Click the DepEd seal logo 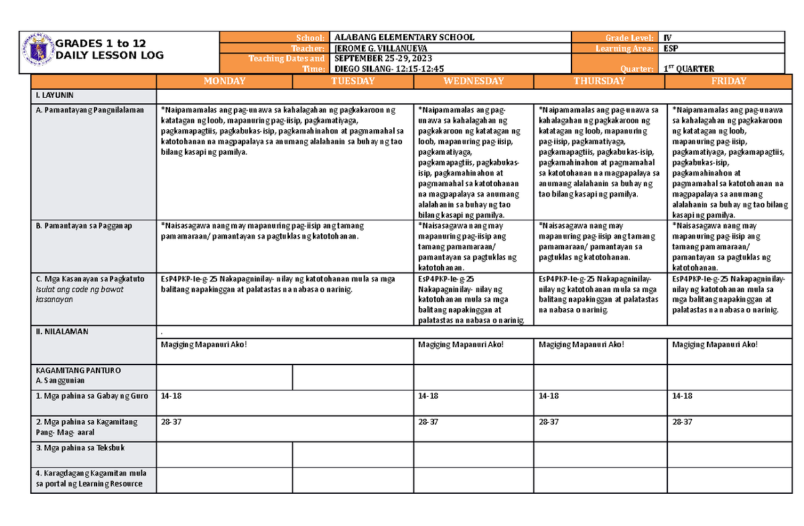pos(38,51)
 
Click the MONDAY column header pos(224,81)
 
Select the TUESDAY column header pos(353,81)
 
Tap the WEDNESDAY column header pos(474,81)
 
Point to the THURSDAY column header pos(599,81)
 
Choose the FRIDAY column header pos(730,81)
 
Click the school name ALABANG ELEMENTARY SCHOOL pos(404,38)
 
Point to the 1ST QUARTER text pos(688,69)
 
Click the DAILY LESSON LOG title pos(110,56)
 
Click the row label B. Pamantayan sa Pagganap pos(84,226)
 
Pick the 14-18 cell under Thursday pos(548,396)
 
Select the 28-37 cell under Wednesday pos(428,421)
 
